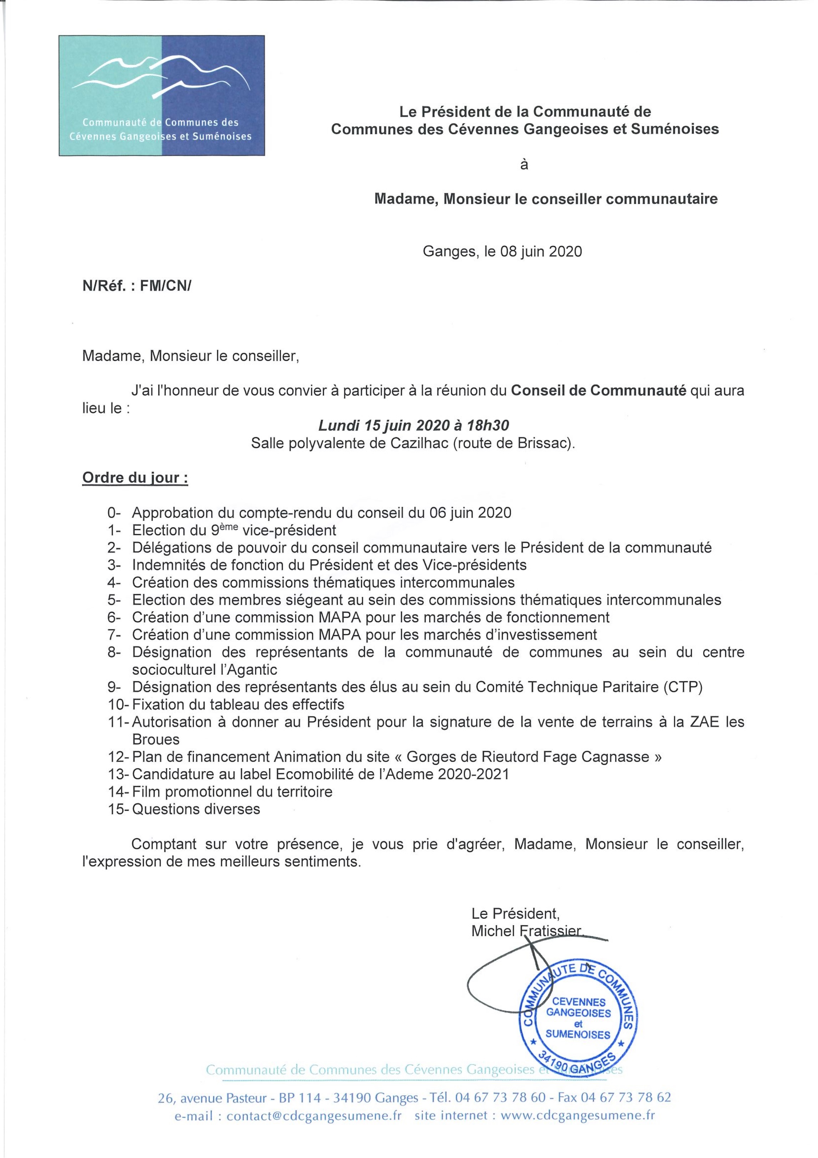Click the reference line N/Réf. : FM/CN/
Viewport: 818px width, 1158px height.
click(x=137, y=286)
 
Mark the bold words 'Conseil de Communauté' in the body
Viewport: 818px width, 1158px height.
click(x=599, y=391)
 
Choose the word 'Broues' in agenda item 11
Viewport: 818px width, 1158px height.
click(x=156, y=739)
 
